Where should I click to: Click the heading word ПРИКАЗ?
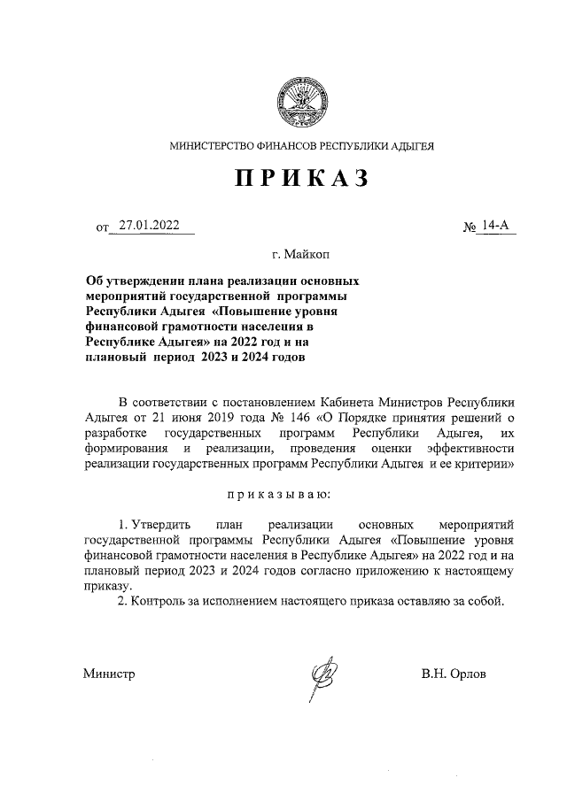[301, 179]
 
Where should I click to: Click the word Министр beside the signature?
[109, 674]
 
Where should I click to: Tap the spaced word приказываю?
[301, 492]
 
